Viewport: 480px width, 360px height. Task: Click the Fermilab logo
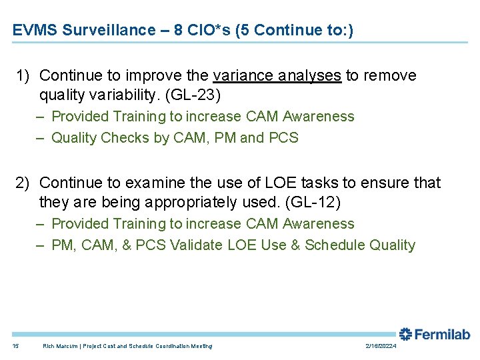(x=434, y=335)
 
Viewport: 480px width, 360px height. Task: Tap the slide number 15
(x=16, y=346)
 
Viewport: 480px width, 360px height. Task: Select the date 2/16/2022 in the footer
(x=381, y=346)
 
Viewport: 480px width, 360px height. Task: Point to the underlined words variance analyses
(x=277, y=75)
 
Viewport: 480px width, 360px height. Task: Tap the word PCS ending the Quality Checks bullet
(x=284, y=138)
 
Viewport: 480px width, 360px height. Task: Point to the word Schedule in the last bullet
(x=332, y=245)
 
